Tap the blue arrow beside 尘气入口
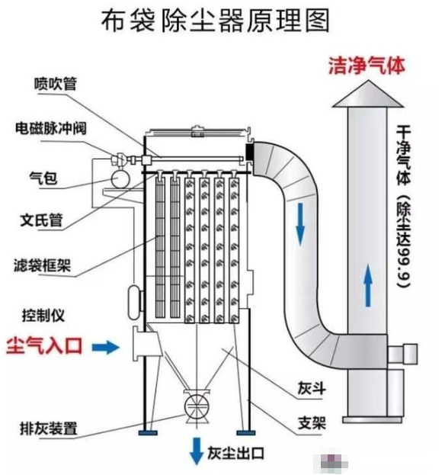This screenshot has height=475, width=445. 106,347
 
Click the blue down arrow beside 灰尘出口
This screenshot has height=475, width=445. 196,448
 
